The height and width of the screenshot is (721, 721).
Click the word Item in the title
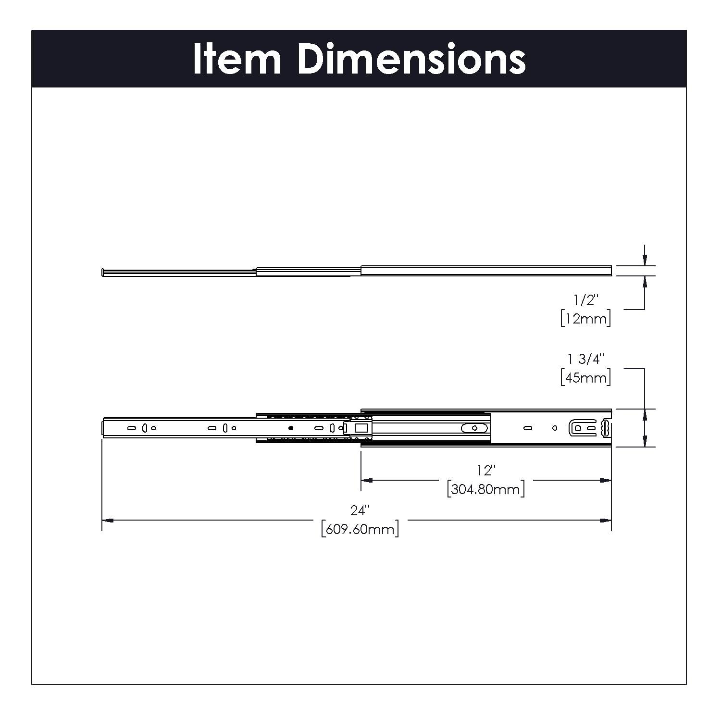point(236,59)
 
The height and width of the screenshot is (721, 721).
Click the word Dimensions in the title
point(411,59)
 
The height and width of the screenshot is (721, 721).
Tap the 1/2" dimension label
point(585,300)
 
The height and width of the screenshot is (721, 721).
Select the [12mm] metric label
point(585,318)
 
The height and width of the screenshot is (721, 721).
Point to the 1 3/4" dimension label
point(585,359)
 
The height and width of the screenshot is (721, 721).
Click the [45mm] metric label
point(585,377)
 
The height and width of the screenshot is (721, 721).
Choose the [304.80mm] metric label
point(485,489)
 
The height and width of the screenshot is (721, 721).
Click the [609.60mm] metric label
point(360,529)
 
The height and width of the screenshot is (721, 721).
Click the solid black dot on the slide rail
point(290,428)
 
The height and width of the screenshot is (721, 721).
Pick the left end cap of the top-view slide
point(103,273)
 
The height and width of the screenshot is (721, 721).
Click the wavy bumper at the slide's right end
point(606,428)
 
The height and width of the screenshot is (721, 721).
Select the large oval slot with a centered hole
point(474,428)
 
